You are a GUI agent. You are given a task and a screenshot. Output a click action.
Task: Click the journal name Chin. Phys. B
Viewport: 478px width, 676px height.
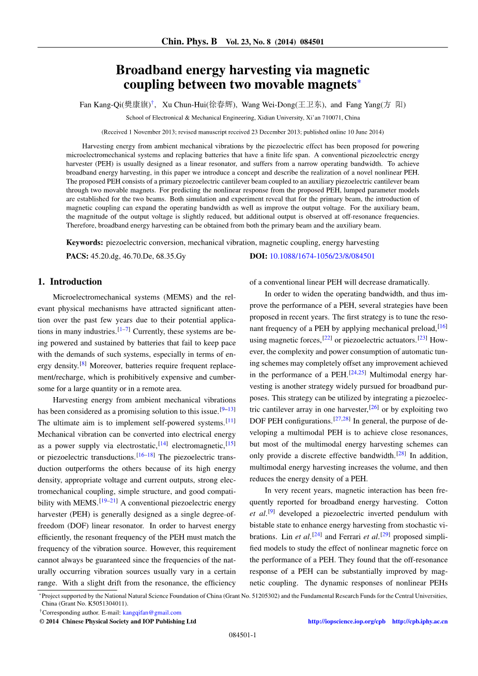click(189, 41)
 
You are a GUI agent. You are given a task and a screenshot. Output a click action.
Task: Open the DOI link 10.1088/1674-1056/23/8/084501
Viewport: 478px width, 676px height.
click(322, 256)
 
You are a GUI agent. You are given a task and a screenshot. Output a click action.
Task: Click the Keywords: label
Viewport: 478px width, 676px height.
click(84, 243)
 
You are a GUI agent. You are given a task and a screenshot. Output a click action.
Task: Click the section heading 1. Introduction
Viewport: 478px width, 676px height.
click(70, 281)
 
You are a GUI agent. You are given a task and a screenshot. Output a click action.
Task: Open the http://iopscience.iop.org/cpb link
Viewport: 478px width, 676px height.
click(346, 621)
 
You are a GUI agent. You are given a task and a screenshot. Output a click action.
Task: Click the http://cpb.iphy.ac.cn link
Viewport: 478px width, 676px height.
click(420, 621)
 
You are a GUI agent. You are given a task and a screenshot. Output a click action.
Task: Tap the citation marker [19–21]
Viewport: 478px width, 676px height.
click(108, 500)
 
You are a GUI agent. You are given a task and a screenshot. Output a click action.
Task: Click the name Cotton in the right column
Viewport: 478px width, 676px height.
click(437, 502)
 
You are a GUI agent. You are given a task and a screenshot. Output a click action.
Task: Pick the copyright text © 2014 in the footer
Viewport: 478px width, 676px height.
click(49, 621)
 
